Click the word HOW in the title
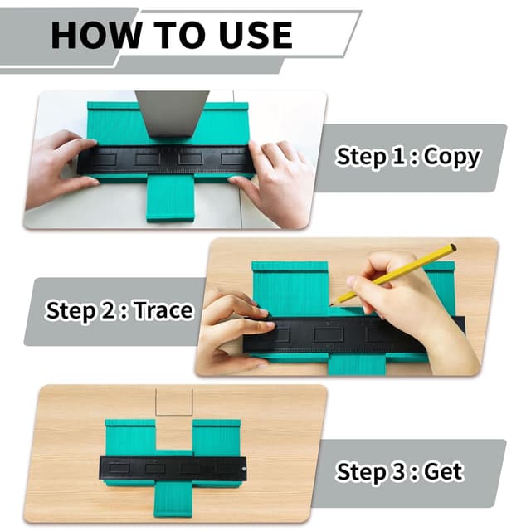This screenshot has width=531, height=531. (90, 35)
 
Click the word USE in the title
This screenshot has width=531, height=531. (253, 35)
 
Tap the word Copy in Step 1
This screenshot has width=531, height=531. (451, 157)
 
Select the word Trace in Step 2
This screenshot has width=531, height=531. (163, 311)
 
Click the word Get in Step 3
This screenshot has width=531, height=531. (443, 472)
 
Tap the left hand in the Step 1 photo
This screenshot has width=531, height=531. (58, 166)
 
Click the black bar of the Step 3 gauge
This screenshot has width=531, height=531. (174, 468)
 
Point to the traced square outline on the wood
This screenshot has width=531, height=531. (174, 402)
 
